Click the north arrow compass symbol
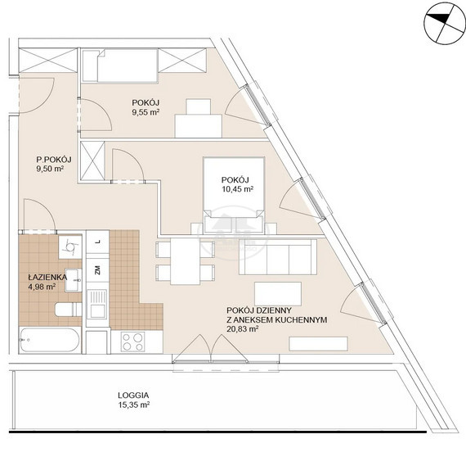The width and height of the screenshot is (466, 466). (x=445, y=23)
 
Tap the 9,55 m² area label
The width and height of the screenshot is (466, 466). (x=146, y=112)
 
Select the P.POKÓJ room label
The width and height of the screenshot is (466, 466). (x=53, y=160)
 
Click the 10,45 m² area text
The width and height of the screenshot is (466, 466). (x=237, y=189)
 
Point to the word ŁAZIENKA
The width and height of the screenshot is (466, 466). (x=47, y=277)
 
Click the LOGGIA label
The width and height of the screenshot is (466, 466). (x=133, y=396)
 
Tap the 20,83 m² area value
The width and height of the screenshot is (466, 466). (x=243, y=329)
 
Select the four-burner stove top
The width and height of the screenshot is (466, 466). (x=132, y=342)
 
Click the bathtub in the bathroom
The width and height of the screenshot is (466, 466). (x=50, y=340)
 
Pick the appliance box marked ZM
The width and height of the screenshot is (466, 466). (x=97, y=270)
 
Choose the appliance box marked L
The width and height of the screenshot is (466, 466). (x=97, y=242)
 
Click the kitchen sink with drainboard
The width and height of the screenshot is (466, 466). (x=97, y=304)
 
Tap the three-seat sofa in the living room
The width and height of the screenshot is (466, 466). (x=278, y=256)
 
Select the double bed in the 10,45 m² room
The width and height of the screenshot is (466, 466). (x=234, y=195)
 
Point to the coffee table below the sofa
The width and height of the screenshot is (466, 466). (x=278, y=293)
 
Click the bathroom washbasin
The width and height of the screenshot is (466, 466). (x=73, y=280)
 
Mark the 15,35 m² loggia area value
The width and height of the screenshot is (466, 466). (x=134, y=405)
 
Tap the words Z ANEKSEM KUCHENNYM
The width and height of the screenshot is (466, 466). (x=276, y=319)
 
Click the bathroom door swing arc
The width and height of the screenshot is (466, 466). (x=45, y=209)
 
